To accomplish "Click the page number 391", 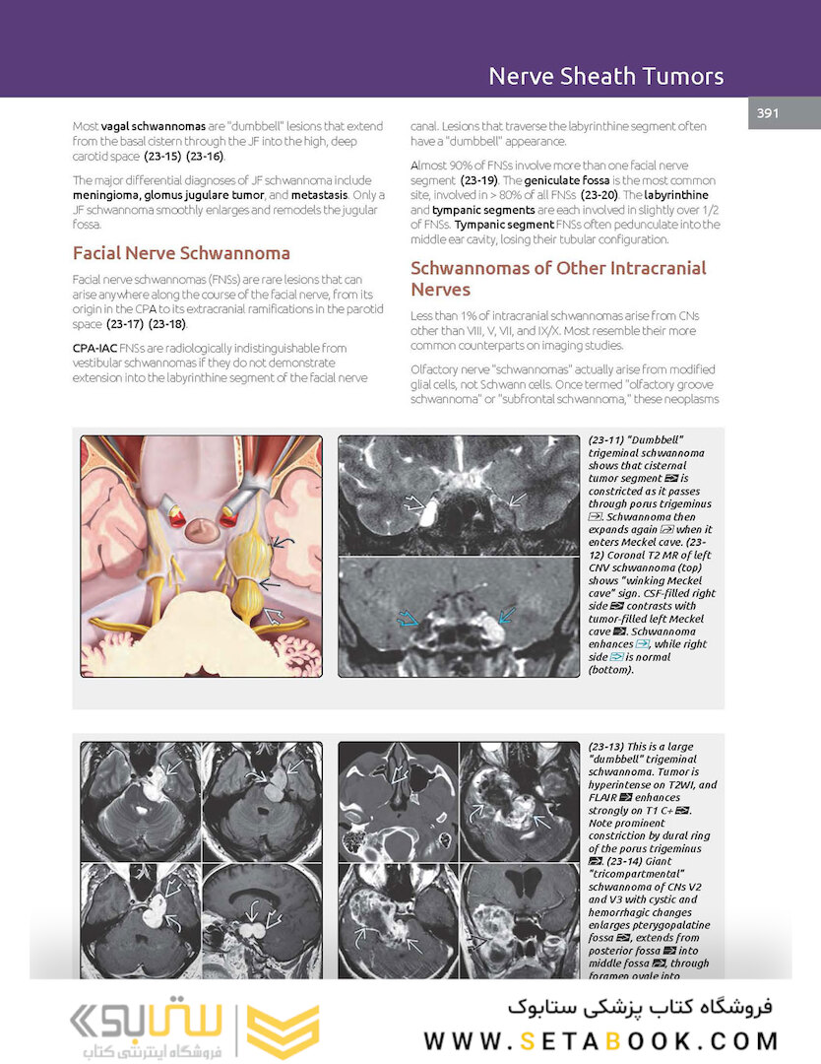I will tap(768, 113).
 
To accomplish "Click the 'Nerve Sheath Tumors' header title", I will tap(605, 76).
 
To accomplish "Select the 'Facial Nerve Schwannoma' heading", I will tap(181, 252).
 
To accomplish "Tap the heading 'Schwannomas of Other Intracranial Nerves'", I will tap(558, 278).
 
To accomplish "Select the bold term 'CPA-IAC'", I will tap(95, 348).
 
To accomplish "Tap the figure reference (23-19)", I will tap(483, 181).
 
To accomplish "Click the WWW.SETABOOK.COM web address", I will tap(600, 1040).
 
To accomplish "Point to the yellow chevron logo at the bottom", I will tap(283, 1031).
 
